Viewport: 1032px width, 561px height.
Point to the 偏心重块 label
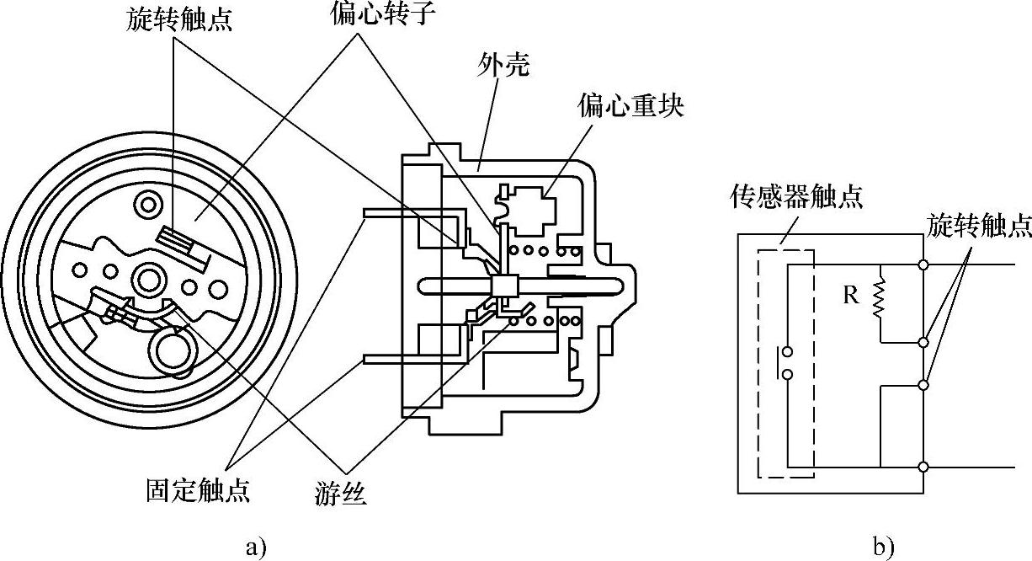631,106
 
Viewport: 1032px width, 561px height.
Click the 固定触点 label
197,490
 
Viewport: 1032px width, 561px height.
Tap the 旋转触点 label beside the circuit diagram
979,224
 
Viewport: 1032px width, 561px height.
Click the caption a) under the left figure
256,548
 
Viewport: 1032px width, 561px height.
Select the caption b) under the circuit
882,548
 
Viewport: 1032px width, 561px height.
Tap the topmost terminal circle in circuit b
924,265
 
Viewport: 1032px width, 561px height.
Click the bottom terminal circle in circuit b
924,467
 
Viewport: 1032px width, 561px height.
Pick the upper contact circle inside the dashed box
787,353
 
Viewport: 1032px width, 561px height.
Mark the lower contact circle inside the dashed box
787,374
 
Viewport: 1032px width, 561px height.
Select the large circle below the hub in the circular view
171,345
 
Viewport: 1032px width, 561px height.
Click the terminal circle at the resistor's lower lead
924,343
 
